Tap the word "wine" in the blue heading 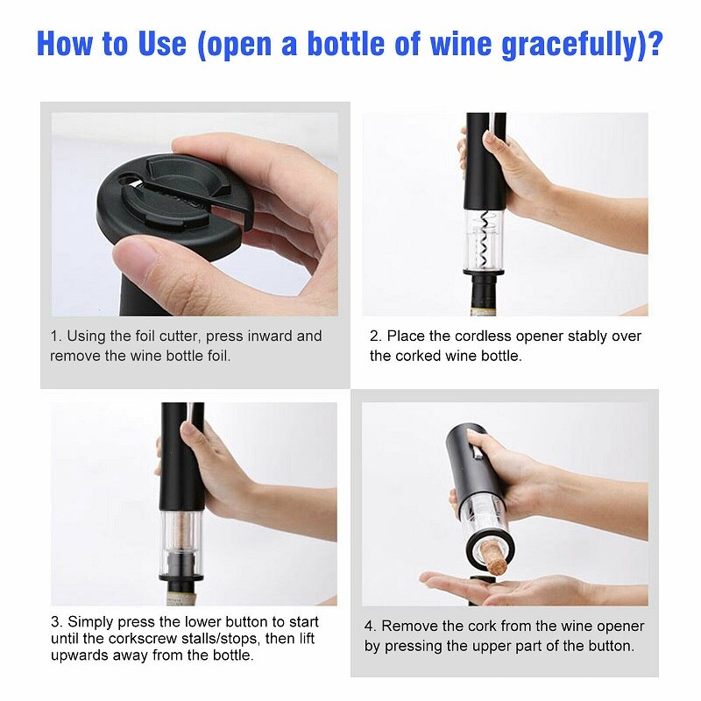pos(461,44)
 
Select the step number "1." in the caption pos(56,336)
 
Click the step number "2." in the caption pos(376,336)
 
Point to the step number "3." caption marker pos(56,622)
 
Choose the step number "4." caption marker pos(370,626)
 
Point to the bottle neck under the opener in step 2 pos(485,294)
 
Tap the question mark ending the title pos(655,43)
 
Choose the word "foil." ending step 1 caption pos(218,356)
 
